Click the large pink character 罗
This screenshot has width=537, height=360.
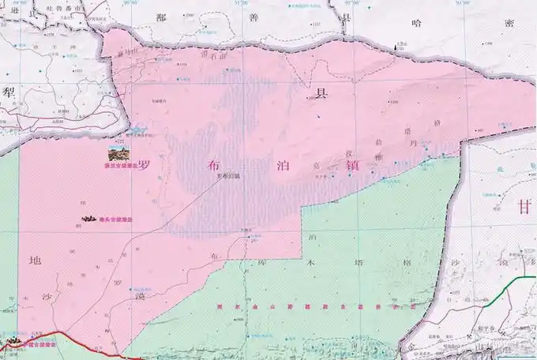coord(145,166)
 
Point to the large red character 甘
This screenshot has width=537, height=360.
coord(524,207)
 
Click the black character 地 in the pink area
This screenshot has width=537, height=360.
coord(33,261)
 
